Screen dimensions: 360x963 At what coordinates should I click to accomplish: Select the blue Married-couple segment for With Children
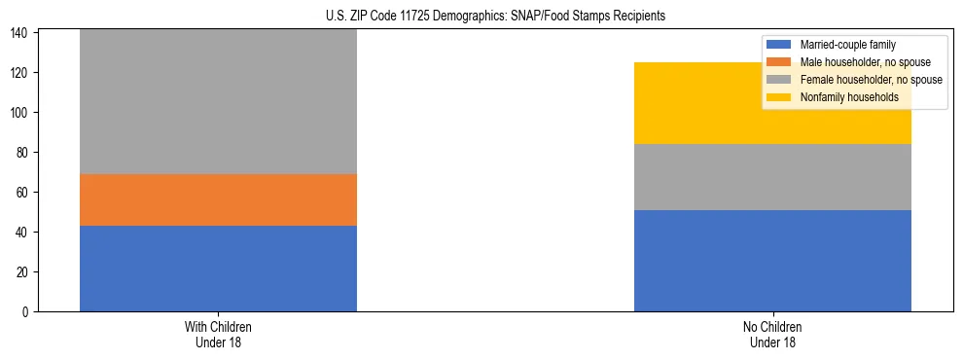point(218,269)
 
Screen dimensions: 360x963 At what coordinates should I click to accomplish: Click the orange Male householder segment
point(218,199)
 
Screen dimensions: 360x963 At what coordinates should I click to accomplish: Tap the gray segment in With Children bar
point(218,102)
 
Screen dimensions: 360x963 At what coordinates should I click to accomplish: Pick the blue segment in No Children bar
point(772,261)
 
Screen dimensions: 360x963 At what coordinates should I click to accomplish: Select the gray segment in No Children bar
point(772,177)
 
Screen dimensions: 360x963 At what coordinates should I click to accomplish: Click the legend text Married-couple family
point(847,45)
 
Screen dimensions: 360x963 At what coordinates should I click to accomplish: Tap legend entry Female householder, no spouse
point(871,80)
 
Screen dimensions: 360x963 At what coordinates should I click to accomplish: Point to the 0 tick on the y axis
point(27,312)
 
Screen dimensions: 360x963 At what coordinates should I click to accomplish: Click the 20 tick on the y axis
point(24,272)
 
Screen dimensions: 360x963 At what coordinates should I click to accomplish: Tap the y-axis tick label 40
point(24,233)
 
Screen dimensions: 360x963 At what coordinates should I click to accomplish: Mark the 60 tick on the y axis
point(24,193)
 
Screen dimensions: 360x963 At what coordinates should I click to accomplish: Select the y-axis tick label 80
point(24,153)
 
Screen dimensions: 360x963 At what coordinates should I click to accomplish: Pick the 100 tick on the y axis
point(21,113)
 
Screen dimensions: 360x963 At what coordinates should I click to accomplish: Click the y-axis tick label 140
point(21,33)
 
